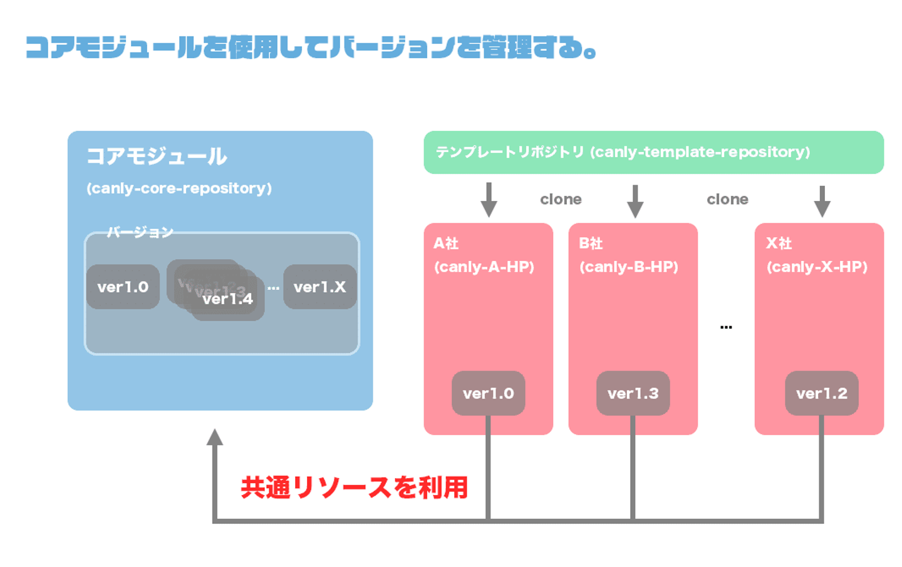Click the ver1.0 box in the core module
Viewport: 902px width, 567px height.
[x=123, y=287]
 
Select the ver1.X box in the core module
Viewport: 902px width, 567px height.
[x=319, y=287]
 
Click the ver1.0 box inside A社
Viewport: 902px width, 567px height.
[x=488, y=393]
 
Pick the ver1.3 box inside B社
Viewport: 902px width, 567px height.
[x=633, y=393]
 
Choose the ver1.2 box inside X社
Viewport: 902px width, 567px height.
[x=821, y=393]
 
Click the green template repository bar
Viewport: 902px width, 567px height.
[x=653, y=152]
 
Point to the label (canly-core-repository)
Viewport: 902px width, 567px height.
[x=179, y=188]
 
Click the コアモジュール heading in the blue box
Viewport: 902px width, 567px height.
[x=157, y=156]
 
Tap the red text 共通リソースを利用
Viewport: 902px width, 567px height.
[x=355, y=488]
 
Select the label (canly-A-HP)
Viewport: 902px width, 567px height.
[x=484, y=267]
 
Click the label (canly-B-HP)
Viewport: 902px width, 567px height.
[x=629, y=267]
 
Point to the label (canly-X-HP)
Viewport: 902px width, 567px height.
[x=817, y=267]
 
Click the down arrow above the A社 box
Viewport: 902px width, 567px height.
[x=489, y=200]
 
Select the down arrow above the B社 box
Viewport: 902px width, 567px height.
[x=635, y=201]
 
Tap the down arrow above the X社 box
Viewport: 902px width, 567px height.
[x=822, y=201]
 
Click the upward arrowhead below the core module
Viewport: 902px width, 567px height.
[x=215, y=437]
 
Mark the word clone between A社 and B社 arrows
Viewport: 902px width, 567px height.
[x=561, y=200]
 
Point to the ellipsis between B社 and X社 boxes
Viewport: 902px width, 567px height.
[x=726, y=327]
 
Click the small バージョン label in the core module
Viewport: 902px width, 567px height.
[x=140, y=232]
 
